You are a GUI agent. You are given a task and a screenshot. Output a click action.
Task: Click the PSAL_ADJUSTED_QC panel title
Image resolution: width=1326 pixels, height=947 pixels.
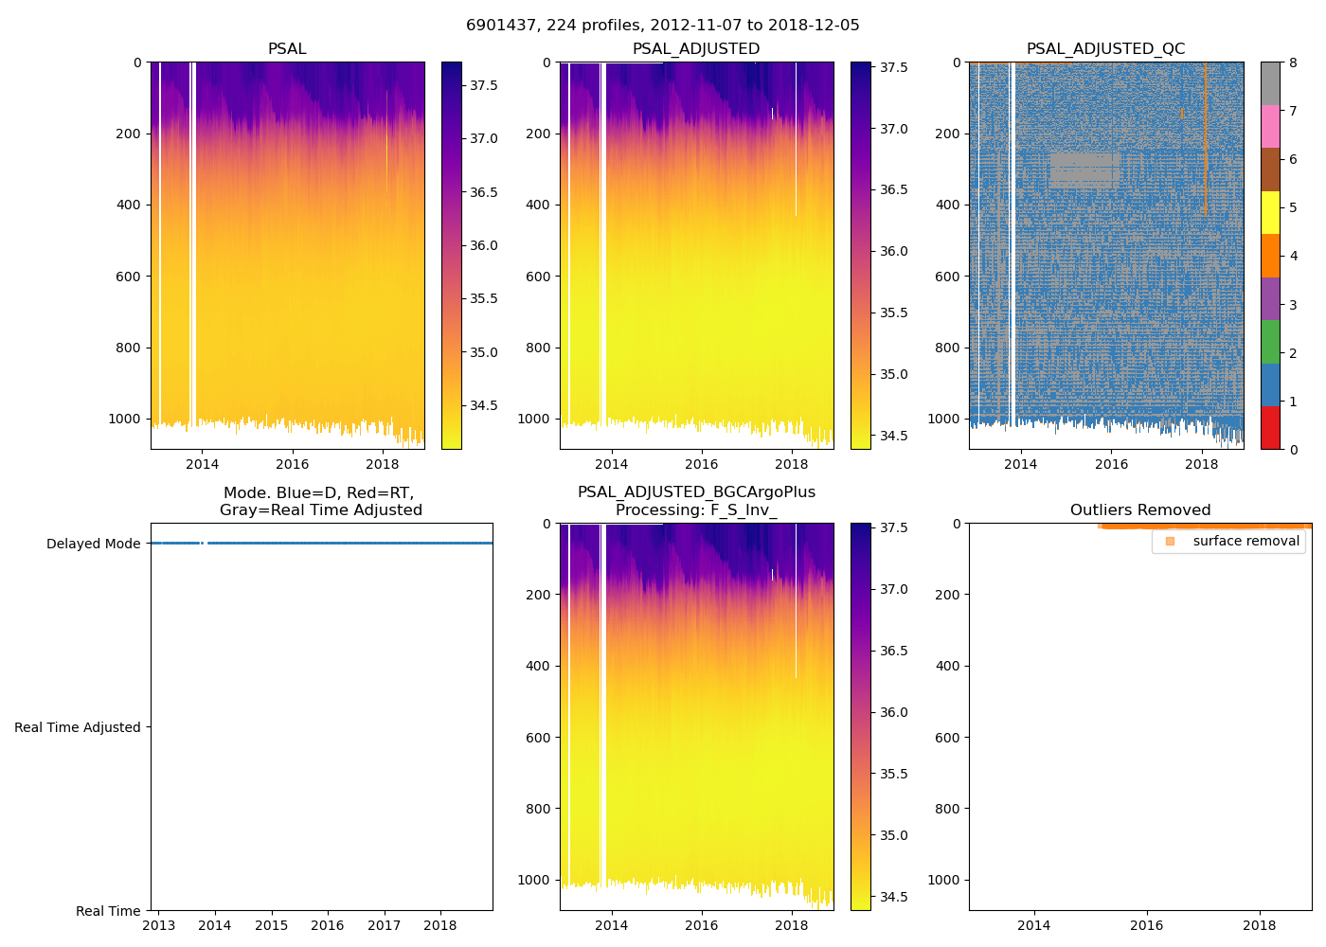(1105, 49)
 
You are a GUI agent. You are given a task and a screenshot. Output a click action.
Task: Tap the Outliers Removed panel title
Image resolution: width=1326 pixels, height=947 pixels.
(1139, 510)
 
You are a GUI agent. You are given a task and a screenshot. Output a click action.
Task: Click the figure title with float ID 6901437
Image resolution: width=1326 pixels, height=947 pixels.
(662, 26)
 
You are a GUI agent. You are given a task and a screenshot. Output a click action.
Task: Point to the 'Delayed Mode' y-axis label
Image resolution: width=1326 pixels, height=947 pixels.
(93, 544)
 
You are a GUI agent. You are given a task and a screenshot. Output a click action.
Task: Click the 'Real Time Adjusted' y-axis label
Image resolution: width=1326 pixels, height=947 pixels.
(78, 727)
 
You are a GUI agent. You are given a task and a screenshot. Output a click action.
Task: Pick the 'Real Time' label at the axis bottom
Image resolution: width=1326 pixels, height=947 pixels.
(108, 911)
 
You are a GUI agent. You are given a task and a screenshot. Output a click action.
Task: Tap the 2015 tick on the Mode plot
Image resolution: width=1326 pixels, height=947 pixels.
(271, 925)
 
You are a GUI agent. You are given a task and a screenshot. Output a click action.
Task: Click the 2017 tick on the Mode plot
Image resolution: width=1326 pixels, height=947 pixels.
(384, 925)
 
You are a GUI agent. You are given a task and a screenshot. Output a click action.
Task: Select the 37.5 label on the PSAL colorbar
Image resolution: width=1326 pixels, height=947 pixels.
(484, 85)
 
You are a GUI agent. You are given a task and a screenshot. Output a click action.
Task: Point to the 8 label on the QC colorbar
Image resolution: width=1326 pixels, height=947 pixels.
(1293, 63)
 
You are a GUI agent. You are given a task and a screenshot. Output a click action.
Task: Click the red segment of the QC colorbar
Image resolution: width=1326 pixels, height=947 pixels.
(1270, 428)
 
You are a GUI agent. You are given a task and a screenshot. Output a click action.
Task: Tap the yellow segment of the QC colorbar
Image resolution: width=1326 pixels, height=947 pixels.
(1270, 213)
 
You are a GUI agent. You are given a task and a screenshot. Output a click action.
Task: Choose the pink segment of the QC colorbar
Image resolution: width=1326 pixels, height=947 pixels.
(1270, 126)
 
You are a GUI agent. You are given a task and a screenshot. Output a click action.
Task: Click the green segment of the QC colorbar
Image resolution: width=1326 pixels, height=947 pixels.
(1270, 342)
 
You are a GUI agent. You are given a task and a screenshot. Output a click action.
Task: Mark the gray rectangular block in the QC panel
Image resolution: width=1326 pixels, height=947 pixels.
(1084, 170)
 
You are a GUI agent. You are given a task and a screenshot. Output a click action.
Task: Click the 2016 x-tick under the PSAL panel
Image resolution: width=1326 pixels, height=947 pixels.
(292, 464)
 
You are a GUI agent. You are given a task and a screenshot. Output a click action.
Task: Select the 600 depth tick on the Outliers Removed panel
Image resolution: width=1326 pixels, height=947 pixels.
(947, 738)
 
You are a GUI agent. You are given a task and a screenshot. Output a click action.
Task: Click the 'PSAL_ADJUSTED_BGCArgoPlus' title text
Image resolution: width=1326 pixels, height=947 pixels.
(696, 492)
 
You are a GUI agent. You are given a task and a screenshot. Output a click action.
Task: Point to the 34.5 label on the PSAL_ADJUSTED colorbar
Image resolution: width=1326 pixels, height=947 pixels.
(894, 437)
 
